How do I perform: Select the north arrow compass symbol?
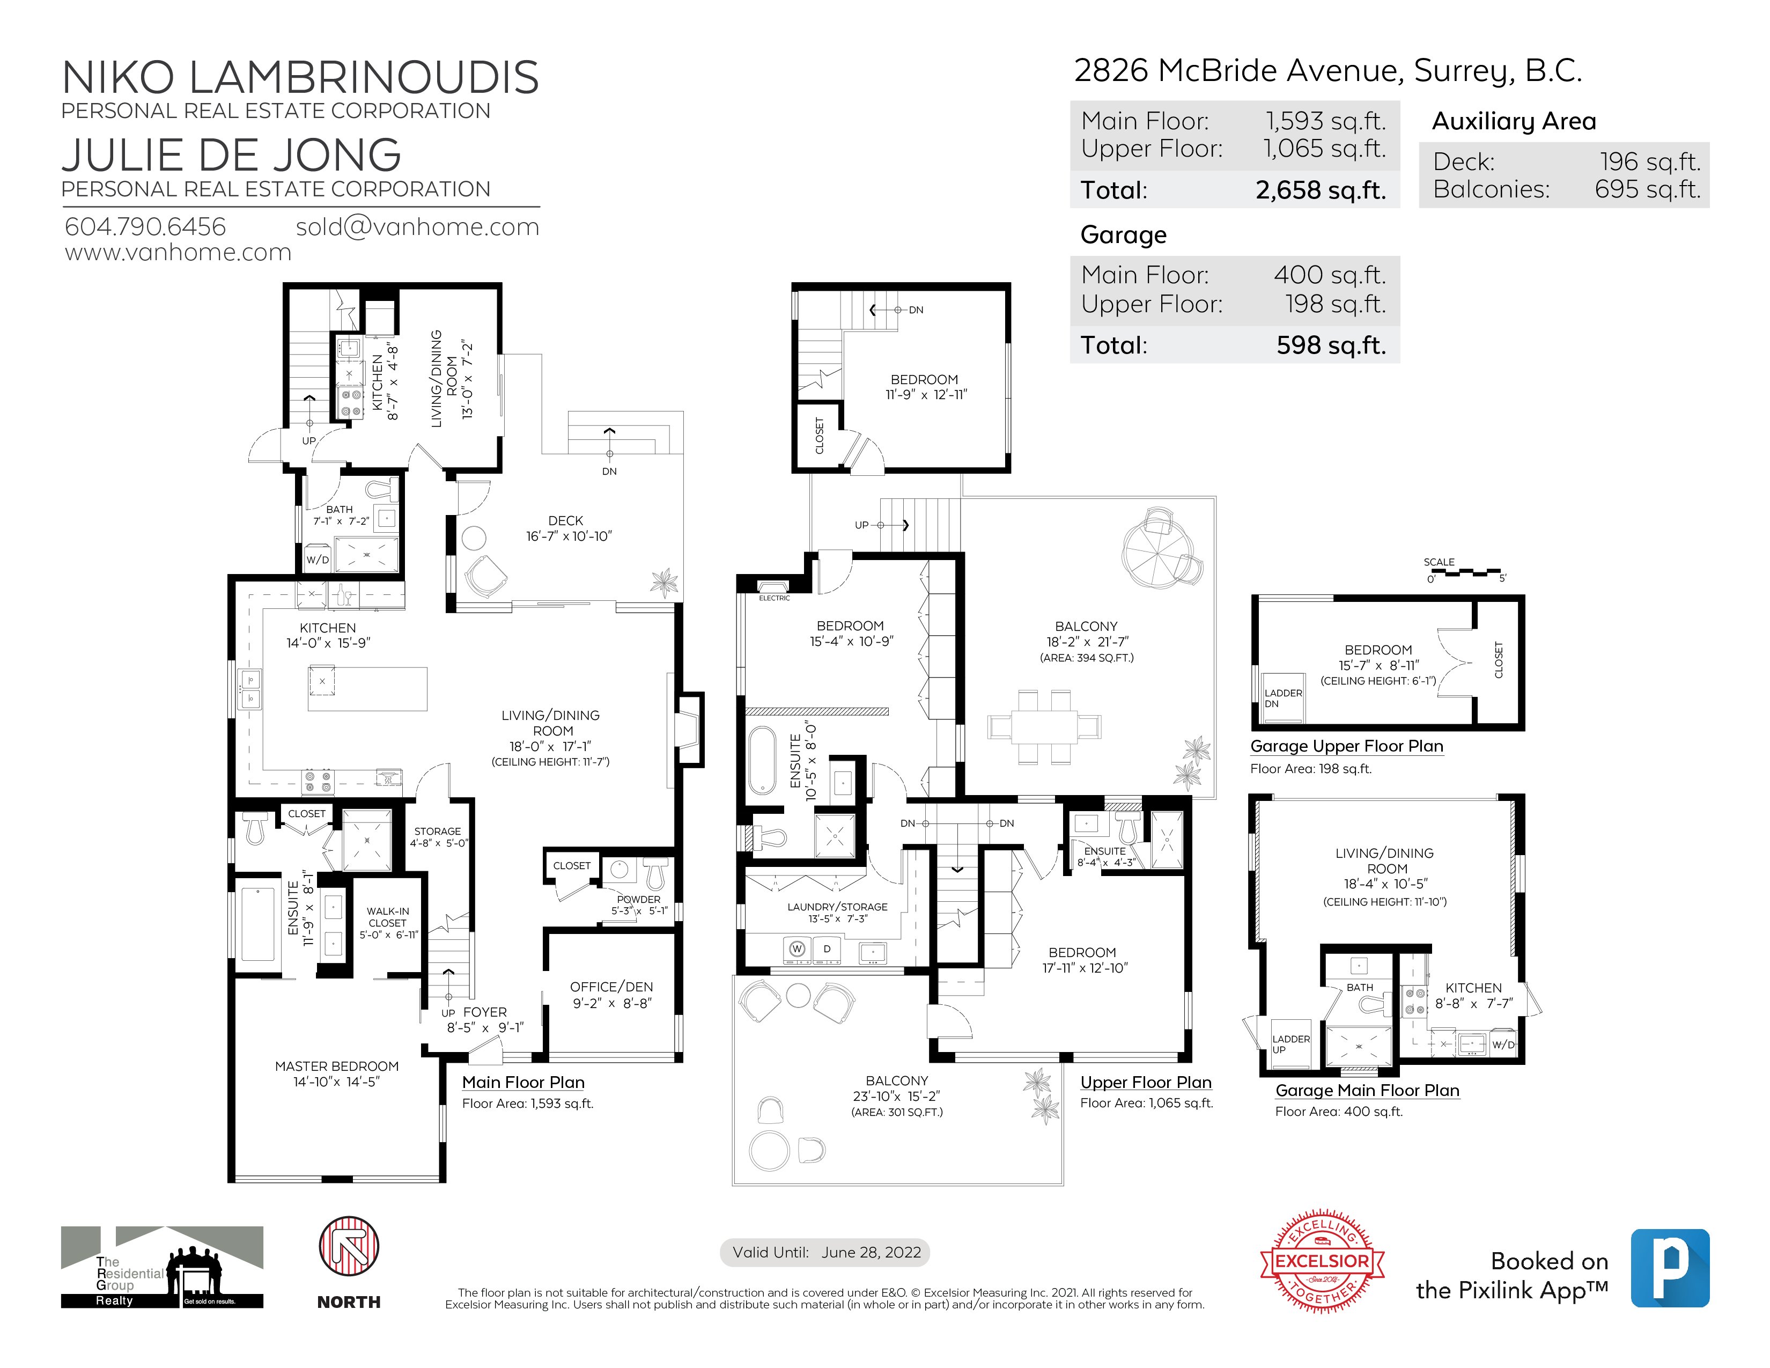349,1246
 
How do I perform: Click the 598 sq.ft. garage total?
1331,345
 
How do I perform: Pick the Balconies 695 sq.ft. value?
1647,189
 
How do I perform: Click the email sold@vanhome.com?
417,227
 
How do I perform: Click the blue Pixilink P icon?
1670,1268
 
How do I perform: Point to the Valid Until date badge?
825,1252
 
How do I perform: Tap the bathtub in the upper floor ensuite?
762,760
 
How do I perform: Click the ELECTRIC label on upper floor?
774,598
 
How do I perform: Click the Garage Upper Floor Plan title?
1346,746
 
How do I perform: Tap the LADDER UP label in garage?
1290,1044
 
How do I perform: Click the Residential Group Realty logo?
161,1267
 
